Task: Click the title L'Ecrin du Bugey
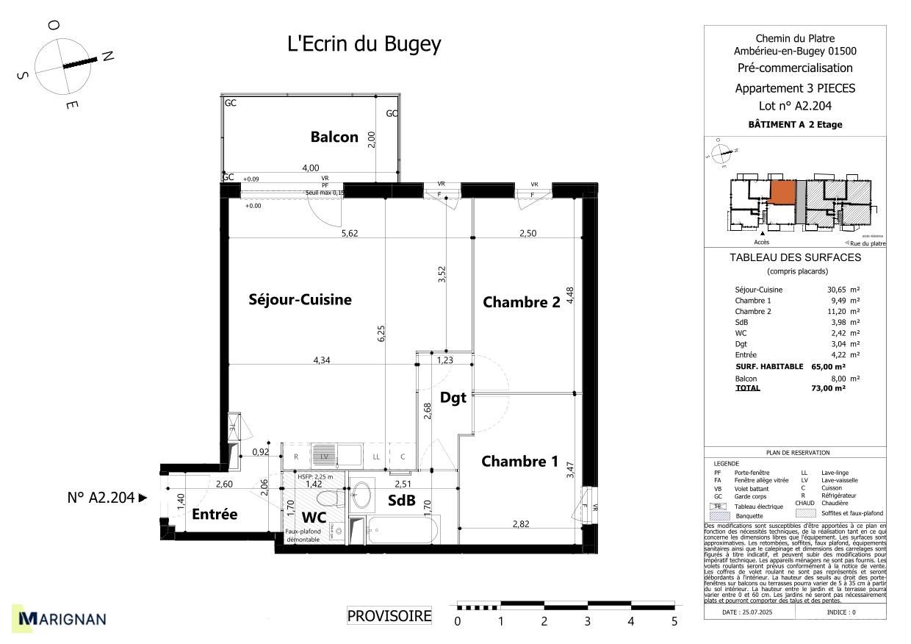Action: coord(364,44)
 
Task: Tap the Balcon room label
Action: coord(334,137)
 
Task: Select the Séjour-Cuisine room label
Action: coord(300,299)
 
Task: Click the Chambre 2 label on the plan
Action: coord(522,301)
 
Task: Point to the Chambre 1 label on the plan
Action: coord(520,462)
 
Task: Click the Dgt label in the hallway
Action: coord(453,398)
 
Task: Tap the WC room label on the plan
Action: coord(313,517)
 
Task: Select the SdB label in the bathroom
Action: coord(402,501)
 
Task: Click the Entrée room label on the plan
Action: coord(215,515)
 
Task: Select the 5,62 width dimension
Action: coord(350,233)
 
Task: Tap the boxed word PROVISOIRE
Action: coord(389,616)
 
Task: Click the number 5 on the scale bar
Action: coord(674,622)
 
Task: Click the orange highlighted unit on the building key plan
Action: coord(782,193)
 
